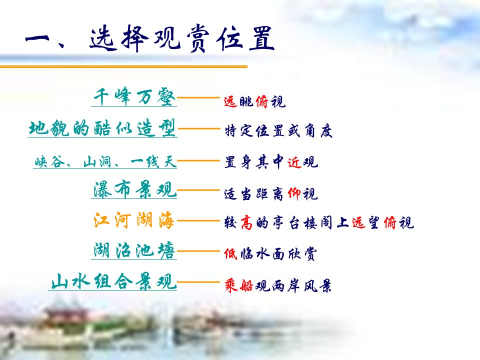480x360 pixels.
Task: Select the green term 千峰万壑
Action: coord(135,97)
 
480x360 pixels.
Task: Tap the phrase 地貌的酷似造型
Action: coord(102,128)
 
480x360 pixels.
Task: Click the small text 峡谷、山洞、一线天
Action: coord(105,162)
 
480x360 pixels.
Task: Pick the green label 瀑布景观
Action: coord(135,190)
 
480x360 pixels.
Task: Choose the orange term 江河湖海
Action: coord(134,220)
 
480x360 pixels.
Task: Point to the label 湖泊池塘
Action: coord(135,250)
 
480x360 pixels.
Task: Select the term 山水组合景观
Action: coord(114,282)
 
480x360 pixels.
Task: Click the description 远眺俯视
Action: coord(254,102)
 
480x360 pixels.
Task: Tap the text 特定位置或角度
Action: coord(278,131)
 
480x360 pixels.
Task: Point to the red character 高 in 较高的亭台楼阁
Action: coord(245,223)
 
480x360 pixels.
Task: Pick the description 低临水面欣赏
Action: coord(270,254)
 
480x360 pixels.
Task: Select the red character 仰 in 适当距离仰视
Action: coord(294,193)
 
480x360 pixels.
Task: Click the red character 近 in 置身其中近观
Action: coord(294,162)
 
